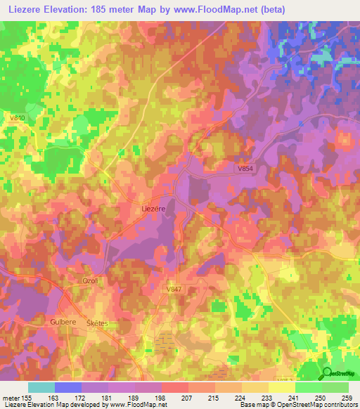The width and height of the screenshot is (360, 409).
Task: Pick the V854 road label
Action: [x=244, y=168]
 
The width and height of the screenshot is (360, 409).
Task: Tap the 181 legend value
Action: [x=107, y=398]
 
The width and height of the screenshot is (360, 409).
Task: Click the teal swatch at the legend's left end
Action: [x=41, y=387]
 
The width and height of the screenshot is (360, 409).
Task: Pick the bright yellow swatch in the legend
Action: [x=281, y=387]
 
